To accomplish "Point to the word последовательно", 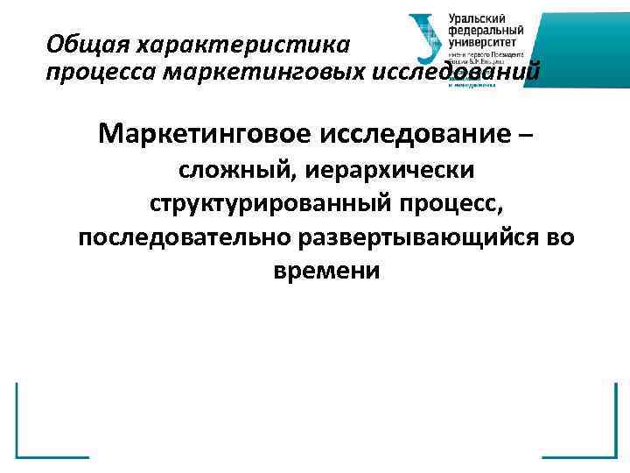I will pos(185,237).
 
